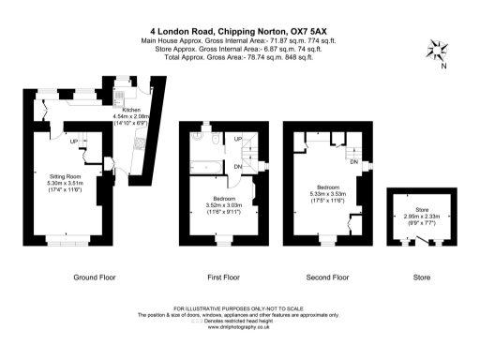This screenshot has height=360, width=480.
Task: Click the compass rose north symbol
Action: [x=435, y=49]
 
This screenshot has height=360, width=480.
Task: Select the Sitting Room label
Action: [x=67, y=176]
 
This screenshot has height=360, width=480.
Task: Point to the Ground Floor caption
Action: [x=95, y=277]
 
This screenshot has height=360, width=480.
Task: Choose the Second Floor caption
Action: [x=328, y=277]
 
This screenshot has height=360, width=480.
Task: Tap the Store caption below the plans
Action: [x=423, y=277]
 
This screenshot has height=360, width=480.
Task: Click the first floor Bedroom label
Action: [x=224, y=199]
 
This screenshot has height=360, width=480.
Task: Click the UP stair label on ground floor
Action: [x=73, y=142]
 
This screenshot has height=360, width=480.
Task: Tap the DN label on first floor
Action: [x=238, y=166]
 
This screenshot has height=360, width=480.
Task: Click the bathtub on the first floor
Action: [x=209, y=170]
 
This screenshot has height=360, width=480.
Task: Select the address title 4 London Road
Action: [x=239, y=29]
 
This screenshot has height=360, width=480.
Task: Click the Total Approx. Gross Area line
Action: [x=239, y=57]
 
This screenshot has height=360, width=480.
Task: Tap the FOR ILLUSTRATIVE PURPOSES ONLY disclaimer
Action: [x=239, y=307]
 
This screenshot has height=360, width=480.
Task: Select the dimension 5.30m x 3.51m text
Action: [x=67, y=184]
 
